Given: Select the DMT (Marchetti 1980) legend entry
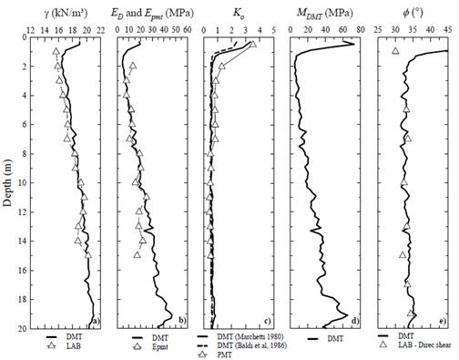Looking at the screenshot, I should pos(255,335).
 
